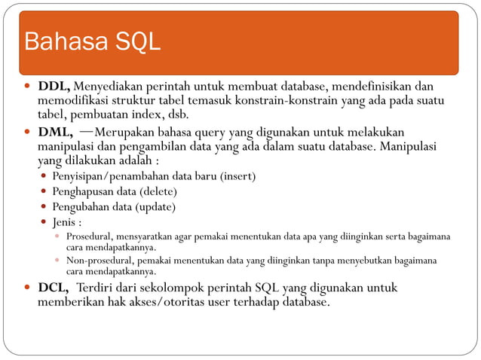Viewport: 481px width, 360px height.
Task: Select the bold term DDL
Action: (x=54, y=86)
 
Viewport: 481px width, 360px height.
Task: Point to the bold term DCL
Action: (x=54, y=288)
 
